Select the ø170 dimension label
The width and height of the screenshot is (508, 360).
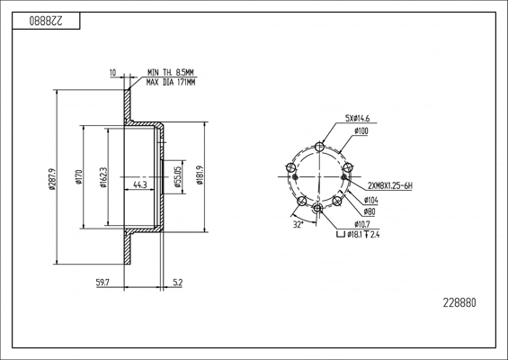tap(78, 177)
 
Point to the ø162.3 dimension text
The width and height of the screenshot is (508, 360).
tap(103, 177)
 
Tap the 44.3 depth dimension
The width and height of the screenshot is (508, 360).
tap(140, 184)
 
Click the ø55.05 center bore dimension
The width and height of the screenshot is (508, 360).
tap(177, 177)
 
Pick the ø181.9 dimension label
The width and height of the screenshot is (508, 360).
tap(200, 175)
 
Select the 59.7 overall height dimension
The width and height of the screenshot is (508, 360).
tap(102, 283)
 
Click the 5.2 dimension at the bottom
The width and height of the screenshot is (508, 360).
tap(178, 283)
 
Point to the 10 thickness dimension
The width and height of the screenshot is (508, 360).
tap(112, 73)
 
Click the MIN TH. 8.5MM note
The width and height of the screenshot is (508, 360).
tap(171, 72)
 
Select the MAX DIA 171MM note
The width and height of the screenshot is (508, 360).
tap(171, 83)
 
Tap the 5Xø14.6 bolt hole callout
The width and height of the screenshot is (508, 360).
tap(357, 119)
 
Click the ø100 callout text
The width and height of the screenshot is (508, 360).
tap(361, 131)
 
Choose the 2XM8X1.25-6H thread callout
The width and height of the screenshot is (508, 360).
tap(390, 185)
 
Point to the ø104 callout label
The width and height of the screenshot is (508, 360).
tap(370, 201)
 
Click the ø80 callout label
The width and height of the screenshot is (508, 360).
tap(369, 212)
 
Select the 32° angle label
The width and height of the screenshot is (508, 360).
tap(298, 224)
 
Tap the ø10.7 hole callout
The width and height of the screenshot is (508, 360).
tap(361, 224)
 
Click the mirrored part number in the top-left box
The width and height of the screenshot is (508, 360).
tap(46, 21)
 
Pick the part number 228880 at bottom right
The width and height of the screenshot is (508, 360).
tap(459, 303)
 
